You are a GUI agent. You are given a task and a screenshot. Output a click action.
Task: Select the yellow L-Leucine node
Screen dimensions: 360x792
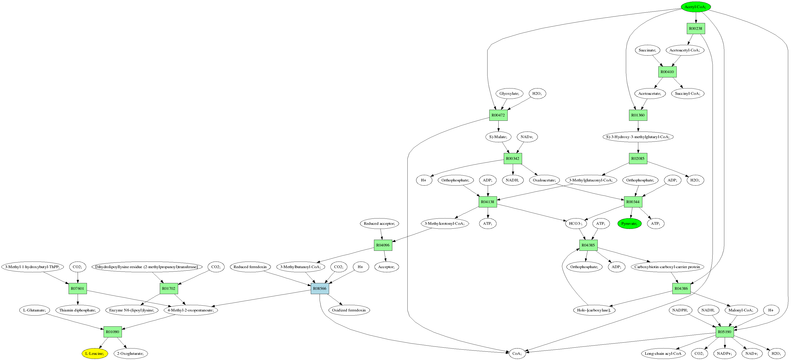point(95,353)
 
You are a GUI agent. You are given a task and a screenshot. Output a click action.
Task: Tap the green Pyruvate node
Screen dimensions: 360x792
point(629,223)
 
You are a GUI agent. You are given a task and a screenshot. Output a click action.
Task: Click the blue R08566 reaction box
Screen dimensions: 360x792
point(320,288)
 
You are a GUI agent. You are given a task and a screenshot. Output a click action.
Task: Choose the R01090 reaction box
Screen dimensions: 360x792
point(113,332)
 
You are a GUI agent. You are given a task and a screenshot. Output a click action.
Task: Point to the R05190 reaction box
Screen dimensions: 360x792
point(725,332)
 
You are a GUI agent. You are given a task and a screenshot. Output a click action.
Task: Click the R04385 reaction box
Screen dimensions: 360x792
point(588,245)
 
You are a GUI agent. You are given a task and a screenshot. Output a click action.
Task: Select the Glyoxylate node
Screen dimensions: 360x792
point(509,93)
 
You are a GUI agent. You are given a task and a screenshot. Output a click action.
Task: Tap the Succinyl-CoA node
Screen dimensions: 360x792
point(687,93)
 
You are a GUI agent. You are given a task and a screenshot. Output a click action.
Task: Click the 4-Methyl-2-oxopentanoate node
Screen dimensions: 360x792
point(191,310)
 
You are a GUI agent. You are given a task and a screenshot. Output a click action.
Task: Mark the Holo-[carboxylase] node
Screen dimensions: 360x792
point(594,310)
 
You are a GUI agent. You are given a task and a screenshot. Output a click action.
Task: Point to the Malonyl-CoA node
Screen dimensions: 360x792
point(741,310)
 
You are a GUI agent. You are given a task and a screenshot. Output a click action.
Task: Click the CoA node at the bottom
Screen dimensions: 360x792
point(517,353)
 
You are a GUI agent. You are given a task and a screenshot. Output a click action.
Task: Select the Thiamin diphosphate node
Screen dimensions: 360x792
point(77,310)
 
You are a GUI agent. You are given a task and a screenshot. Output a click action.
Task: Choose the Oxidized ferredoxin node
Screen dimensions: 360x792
point(349,310)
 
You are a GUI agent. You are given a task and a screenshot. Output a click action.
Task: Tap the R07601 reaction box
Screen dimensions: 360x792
point(77,288)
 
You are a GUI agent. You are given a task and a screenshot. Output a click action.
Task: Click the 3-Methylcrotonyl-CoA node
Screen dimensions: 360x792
point(445,223)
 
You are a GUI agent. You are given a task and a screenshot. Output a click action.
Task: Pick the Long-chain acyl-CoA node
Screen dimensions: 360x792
point(663,353)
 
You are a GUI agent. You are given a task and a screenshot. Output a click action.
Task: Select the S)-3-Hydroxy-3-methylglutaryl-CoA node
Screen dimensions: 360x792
point(638,137)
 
